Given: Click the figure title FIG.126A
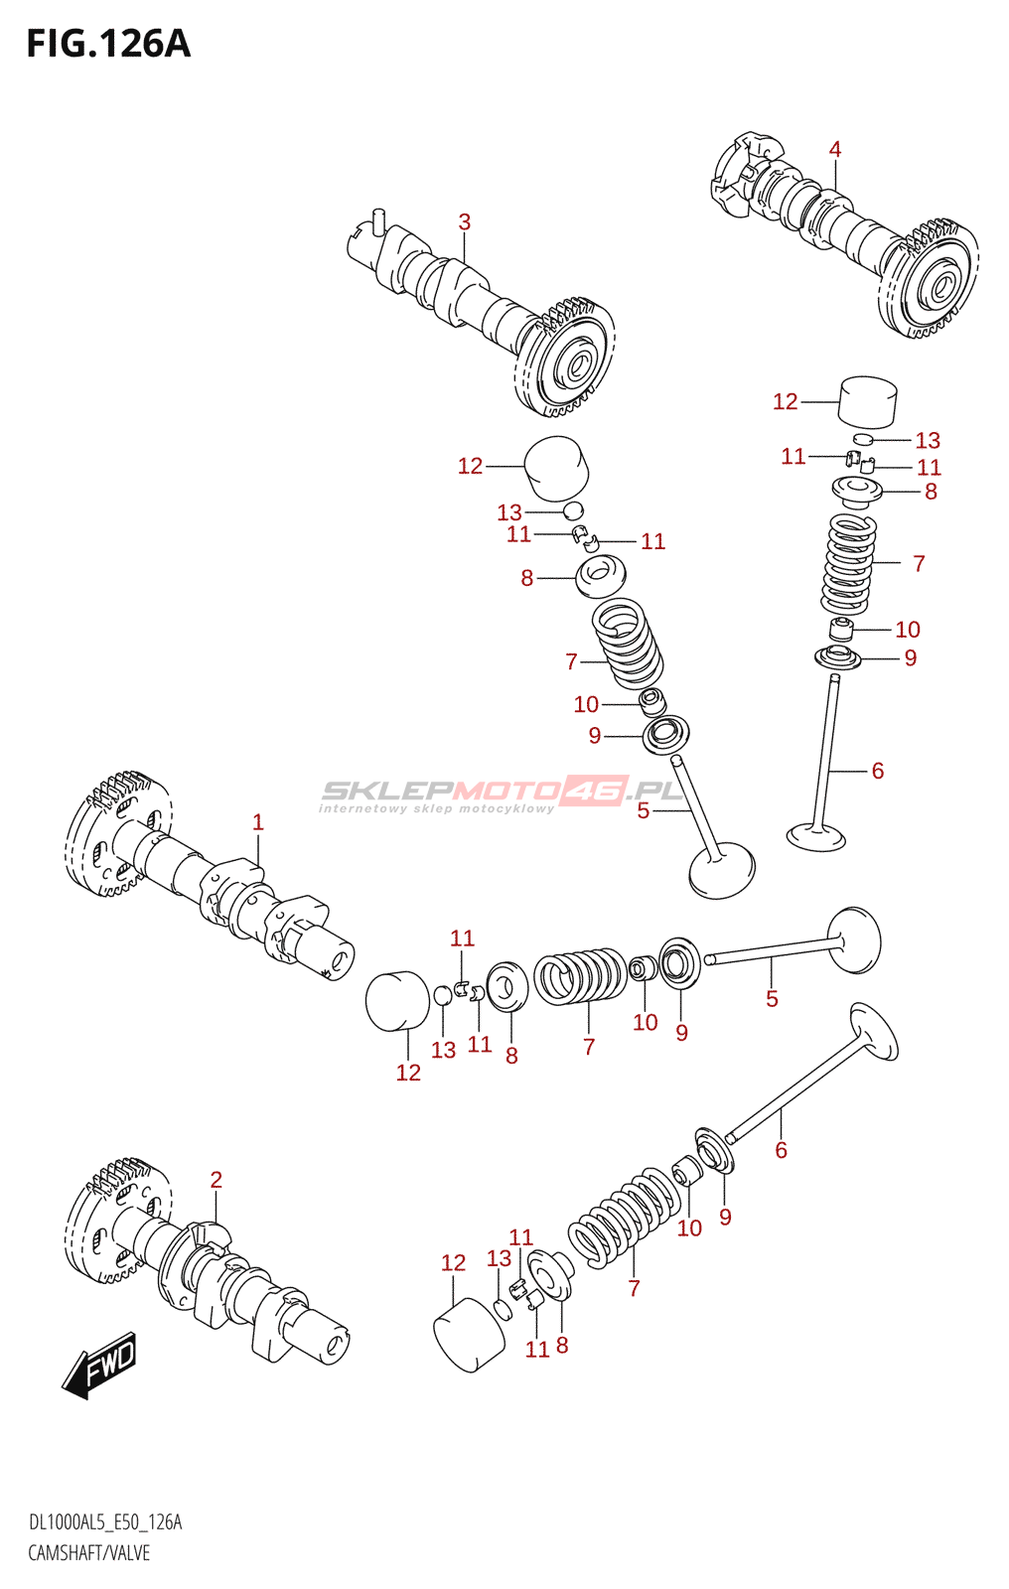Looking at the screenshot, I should tap(107, 44).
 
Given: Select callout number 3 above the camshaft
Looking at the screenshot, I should tap(464, 222).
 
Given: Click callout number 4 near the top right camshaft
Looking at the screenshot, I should tap(835, 149).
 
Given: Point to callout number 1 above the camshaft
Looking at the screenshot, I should tap(258, 822).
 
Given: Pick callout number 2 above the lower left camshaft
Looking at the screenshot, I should tap(216, 1180).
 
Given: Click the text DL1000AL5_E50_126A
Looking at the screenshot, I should tap(105, 1522).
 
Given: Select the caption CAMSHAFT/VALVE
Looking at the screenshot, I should tap(89, 1553).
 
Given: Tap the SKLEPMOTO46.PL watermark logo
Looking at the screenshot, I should tap(502, 793).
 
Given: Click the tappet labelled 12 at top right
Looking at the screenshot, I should tap(868, 400).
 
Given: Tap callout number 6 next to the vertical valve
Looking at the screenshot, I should tap(877, 771).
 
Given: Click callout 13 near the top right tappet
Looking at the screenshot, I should tap(928, 440).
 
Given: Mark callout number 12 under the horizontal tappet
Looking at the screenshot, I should tap(408, 1073).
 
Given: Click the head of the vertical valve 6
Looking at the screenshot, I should tap(816, 836).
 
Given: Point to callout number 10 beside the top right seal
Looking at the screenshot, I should tap(908, 630).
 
